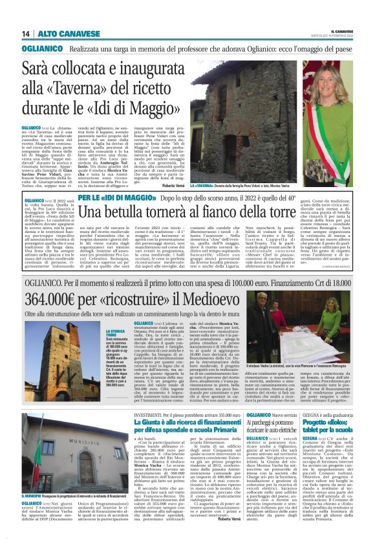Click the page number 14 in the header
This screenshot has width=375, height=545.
click(26, 34)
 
